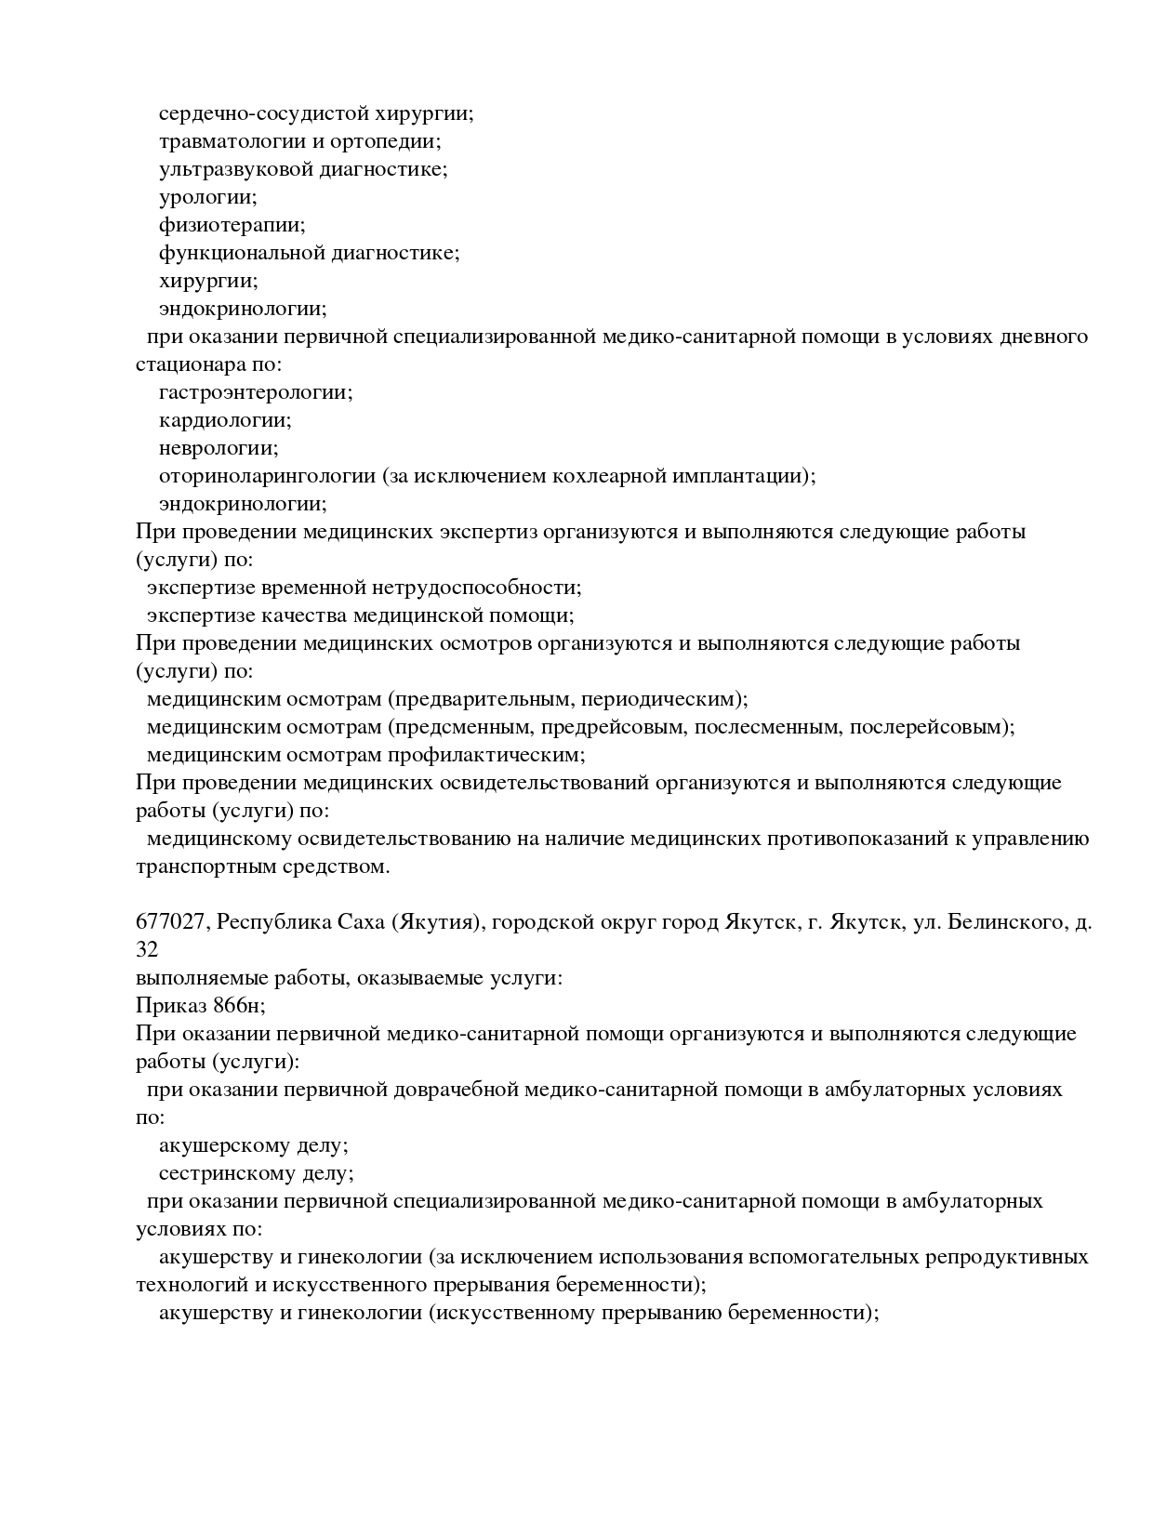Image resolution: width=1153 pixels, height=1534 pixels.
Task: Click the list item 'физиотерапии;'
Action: pos(232,225)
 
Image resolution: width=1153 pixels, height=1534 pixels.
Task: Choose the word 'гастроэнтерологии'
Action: pos(254,392)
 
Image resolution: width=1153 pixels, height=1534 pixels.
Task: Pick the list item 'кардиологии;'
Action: pos(225,420)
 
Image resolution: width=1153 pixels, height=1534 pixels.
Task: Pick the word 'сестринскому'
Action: pos(224,1173)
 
